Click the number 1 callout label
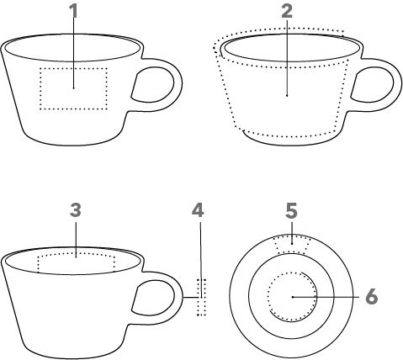[73, 11]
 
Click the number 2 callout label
[287, 12]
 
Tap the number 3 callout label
[76, 210]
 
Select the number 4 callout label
[198, 210]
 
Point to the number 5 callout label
[291, 211]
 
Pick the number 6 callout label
[372, 297]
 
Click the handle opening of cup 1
[153, 85]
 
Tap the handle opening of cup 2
[373, 85]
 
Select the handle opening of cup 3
[153, 298]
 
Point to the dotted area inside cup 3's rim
[76, 253]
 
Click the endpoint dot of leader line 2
[287, 96]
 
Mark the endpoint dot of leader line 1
[73, 88]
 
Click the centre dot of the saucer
[292, 297]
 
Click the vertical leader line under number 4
[201, 260]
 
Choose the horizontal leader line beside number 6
[326, 297]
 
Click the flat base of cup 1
[72, 145]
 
